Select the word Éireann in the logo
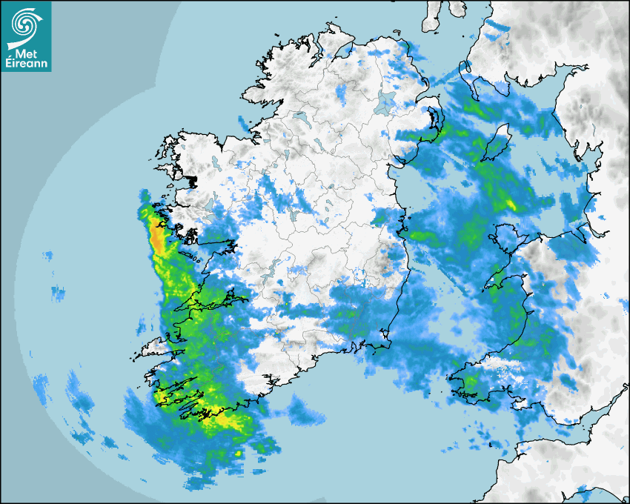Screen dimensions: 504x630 (x=26, y=64)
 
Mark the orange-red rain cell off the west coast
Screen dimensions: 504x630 (x=158, y=236)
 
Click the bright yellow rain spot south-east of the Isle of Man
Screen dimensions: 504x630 (x=511, y=204)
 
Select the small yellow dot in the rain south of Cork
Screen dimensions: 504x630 (x=238, y=454)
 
